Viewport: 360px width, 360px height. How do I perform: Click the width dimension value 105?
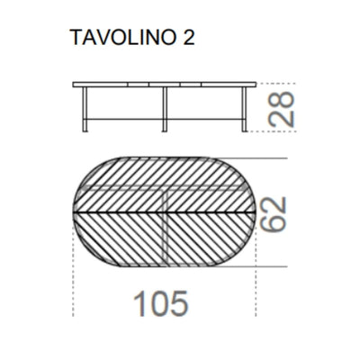pos(162,303)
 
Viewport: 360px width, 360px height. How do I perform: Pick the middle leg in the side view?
pos(163,111)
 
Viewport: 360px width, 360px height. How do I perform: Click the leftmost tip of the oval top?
pos(71,212)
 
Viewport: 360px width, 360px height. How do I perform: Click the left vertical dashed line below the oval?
pos(71,270)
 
